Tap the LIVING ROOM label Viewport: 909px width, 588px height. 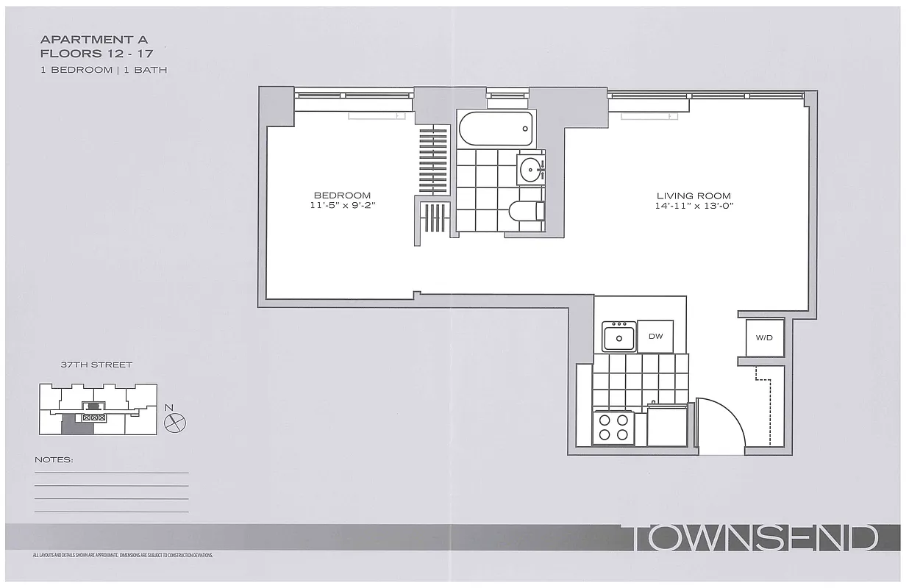[694, 196]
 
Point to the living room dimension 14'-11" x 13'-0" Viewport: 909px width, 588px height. [694, 206]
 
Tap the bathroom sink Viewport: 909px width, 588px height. [530, 171]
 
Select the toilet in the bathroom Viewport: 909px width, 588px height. [526, 211]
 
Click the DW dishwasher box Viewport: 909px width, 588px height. [655, 337]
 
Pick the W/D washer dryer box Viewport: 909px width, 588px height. [765, 338]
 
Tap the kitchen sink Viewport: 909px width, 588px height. [619, 338]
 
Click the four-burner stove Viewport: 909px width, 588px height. [613, 428]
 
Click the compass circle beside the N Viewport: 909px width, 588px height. [177, 422]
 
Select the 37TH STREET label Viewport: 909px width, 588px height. [96, 365]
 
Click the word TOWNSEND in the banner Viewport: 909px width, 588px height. [755, 538]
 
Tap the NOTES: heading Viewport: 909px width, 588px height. [54, 460]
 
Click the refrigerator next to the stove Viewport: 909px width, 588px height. [666, 427]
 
